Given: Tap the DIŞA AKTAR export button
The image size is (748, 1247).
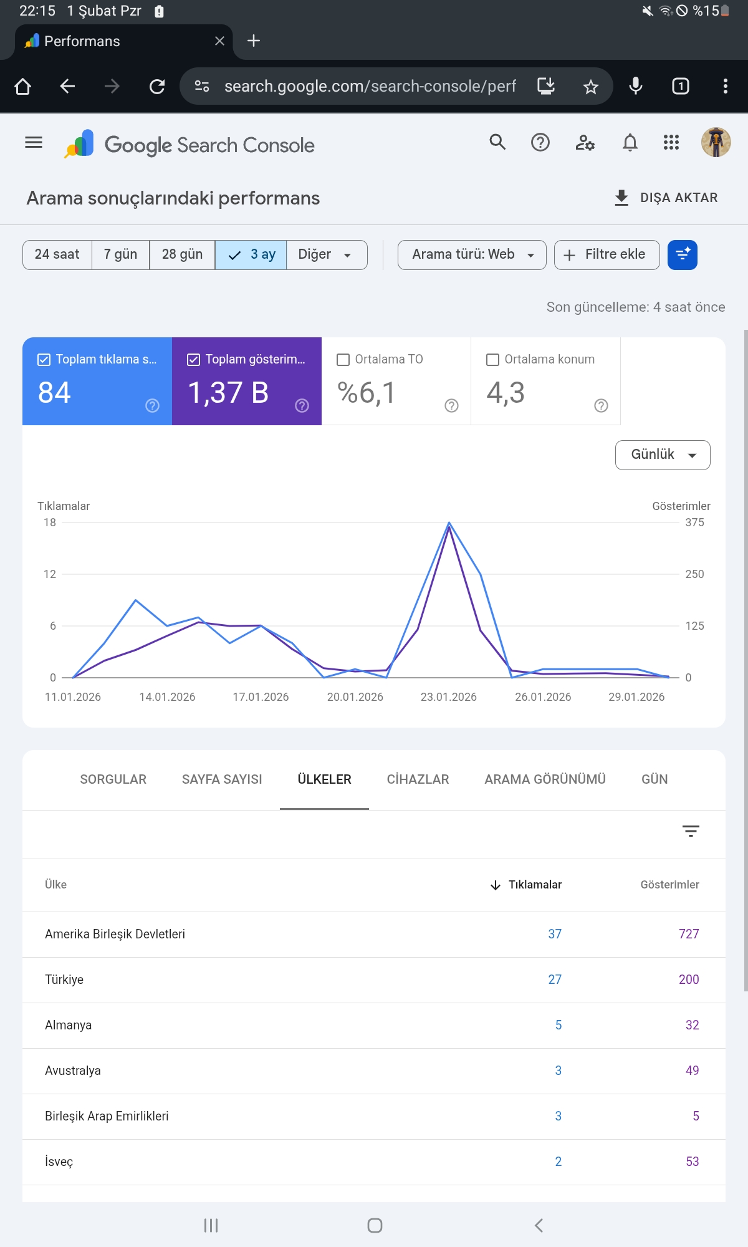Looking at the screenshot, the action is pyautogui.click(x=666, y=198).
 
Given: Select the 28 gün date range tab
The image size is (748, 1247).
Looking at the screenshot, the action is pyautogui.click(x=182, y=254).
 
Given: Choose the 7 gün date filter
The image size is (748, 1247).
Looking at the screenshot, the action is pyautogui.click(x=120, y=254).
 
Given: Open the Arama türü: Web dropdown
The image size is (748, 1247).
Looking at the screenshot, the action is pyautogui.click(x=472, y=254).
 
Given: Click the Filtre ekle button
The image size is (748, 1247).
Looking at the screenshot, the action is pyautogui.click(x=607, y=254).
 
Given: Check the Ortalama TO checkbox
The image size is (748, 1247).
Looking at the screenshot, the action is pyautogui.click(x=343, y=360).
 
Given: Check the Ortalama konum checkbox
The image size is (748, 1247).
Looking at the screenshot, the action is pyautogui.click(x=492, y=360).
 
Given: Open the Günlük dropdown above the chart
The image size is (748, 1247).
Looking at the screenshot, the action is pyautogui.click(x=663, y=455).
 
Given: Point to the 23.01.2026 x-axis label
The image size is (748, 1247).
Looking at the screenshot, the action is pyautogui.click(x=449, y=697).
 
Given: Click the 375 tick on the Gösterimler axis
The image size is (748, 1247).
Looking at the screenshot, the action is pyautogui.click(x=694, y=522).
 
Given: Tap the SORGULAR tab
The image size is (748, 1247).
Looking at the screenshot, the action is pyautogui.click(x=113, y=779).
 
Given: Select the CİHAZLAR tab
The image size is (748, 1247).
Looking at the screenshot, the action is pyautogui.click(x=418, y=779).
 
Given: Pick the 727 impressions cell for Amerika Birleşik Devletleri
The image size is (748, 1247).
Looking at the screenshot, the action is pyautogui.click(x=689, y=934).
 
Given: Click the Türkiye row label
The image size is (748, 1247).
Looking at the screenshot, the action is pyautogui.click(x=64, y=980).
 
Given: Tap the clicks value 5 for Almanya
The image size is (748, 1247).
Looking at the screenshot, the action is pyautogui.click(x=559, y=1025).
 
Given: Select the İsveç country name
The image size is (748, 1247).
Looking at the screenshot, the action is pyautogui.click(x=59, y=1162).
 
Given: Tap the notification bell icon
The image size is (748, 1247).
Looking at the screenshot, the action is pyautogui.click(x=630, y=143).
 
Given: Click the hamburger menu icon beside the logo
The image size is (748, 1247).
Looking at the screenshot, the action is pyautogui.click(x=34, y=143).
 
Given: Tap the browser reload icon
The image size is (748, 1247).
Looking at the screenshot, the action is pyautogui.click(x=157, y=86).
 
